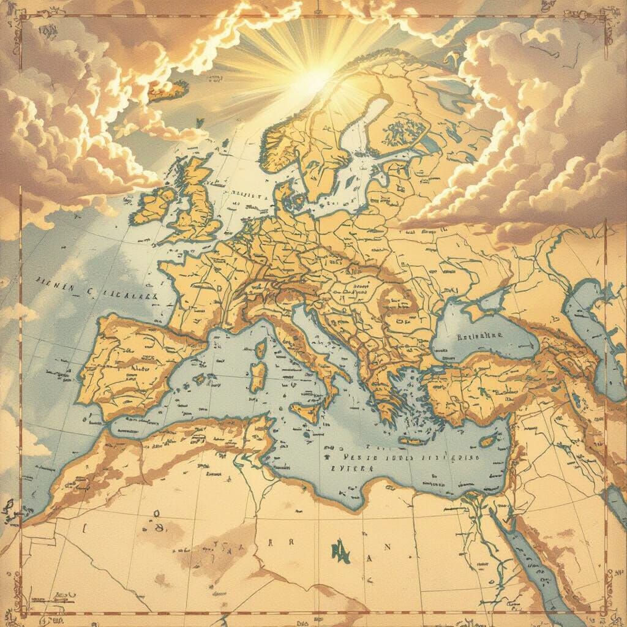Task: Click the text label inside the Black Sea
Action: pos(479,336)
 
